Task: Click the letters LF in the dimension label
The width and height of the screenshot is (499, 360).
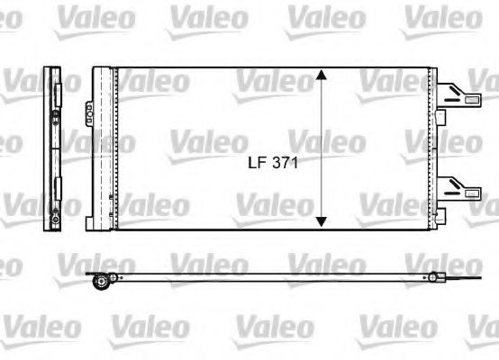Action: (257, 164)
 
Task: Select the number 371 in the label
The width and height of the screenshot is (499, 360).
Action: (283, 164)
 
